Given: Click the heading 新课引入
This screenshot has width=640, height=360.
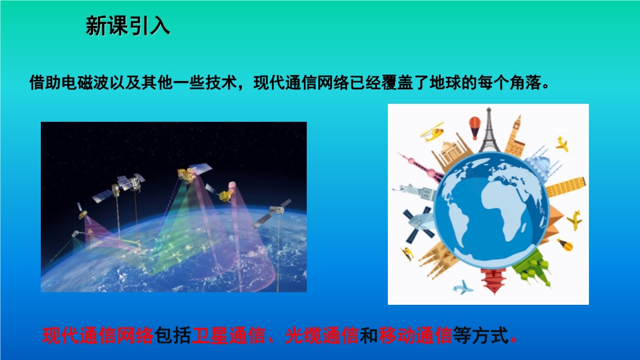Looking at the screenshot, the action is click(128, 26).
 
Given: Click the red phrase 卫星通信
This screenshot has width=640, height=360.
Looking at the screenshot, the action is click(228, 335).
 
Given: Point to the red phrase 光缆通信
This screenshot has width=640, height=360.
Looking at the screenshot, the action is click(322, 335).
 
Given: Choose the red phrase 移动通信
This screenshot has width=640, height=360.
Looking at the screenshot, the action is click(415, 335).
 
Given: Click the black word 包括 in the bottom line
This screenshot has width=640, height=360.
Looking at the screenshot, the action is click(172, 335).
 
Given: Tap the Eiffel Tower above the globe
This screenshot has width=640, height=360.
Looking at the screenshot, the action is click(489, 130).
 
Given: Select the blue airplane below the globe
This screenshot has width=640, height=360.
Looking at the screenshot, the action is click(463, 287).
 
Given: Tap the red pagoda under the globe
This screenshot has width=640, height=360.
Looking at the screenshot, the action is click(494, 280).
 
